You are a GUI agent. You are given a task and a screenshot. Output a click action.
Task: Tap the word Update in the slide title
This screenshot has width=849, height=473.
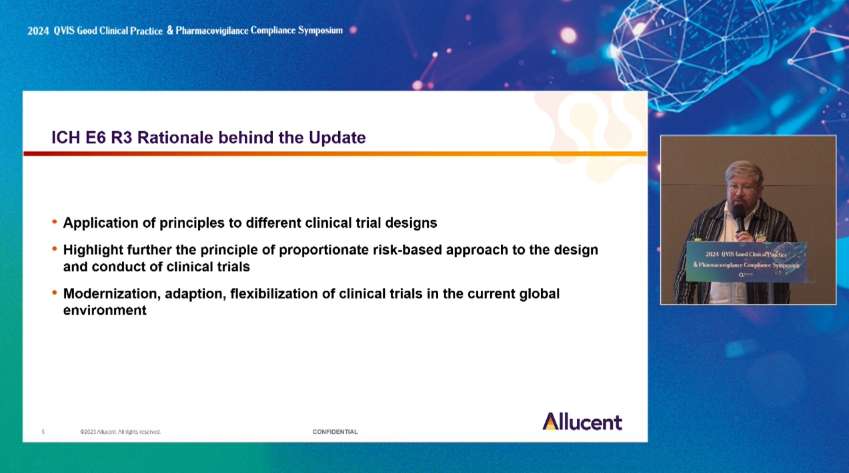click(x=337, y=138)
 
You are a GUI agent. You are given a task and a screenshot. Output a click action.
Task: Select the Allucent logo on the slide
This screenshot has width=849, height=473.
click(x=582, y=422)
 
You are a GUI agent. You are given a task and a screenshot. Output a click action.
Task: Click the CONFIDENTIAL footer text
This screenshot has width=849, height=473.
click(x=335, y=432)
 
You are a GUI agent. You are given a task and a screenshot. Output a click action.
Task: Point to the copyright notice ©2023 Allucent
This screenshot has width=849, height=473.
click(x=121, y=432)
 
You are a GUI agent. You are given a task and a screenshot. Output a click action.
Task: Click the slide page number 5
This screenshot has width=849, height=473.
click(x=43, y=432)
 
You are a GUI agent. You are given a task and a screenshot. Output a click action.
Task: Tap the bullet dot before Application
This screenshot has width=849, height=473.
click(x=55, y=222)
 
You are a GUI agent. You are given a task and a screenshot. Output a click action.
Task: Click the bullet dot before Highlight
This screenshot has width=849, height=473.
click(x=55, y=248)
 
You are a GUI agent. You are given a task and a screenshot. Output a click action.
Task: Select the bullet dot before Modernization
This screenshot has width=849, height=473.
click(x=55, y=292)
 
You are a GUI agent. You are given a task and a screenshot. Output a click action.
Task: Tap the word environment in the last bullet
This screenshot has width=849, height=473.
click(x=105, y=310)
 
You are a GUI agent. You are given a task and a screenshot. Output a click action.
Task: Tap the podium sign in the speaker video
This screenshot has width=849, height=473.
click(x=746, y=262)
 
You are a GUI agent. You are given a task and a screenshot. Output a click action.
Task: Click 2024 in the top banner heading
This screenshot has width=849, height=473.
click(x=38, y=31)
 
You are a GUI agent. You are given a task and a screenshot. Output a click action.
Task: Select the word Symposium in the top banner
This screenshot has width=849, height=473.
click(x=320, y=30)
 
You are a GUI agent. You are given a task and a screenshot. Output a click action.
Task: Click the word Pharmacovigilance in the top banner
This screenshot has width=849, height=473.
click(x=212, y=31)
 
